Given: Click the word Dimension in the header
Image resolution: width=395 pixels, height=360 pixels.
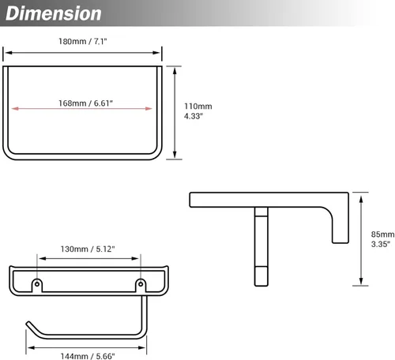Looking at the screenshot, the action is (x=54, y=13).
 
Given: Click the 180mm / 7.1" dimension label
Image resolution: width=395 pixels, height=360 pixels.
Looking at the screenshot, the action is (x=83, y=41).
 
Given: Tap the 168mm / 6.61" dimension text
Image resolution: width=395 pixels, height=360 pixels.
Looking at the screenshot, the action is (x=85, y=103).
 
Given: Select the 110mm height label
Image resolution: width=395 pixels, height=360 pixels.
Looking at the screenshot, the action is (x=198, y=107).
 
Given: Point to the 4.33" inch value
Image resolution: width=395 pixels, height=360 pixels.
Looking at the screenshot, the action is (x=194, y=116).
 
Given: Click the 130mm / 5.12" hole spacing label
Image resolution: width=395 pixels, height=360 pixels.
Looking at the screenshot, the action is (x=88, y=249).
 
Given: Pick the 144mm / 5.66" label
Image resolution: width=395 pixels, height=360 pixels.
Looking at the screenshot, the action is (x=88, y=356).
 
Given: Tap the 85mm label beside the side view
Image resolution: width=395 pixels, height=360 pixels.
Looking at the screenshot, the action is (x=382, y=234).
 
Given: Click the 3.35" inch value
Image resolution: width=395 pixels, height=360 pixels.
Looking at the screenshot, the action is (x=381, y=244).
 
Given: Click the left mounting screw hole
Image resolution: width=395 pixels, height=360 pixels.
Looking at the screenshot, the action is (x=37, y=284).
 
